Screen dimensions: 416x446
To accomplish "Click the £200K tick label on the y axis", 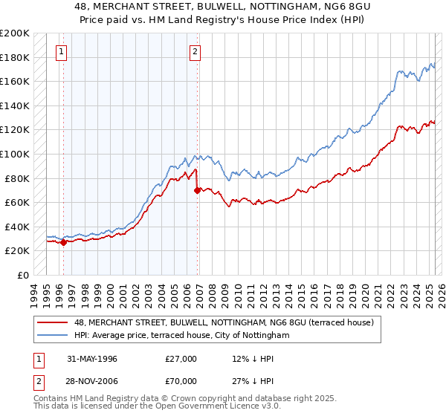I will pos(15,33).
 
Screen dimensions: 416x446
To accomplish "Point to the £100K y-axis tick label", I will pos(15,155).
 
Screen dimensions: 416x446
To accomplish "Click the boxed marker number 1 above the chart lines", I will pos(60,52).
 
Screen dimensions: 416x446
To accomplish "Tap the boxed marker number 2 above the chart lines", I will pos(195,52).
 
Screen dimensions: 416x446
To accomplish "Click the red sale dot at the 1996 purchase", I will pos(64,242).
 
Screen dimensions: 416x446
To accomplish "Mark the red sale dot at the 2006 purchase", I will pos(197,190).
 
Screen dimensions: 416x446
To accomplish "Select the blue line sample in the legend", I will pos(53,335).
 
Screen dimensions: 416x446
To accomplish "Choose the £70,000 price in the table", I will pos(181,381).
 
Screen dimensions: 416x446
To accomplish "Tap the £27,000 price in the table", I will pos(181,359).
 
